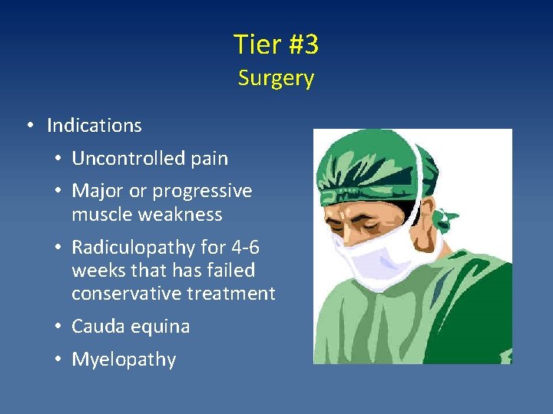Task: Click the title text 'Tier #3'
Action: pyautogui.click(x=276, y=45)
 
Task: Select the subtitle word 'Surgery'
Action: pyautogui.click(x=276, y=78)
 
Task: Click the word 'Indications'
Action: pyautogui.click(x=94, y=125)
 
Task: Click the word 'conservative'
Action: pyautogui.click(x=125, y=294)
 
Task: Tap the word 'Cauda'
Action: pyautogui.click(x=98, y=327)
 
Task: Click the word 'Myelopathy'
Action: pyautogui.click(x=124, y=360)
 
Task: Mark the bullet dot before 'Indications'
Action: pyautogui.click(x=28, y=125)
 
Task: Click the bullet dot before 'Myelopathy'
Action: pyautogui.click(x=58, y=360)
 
